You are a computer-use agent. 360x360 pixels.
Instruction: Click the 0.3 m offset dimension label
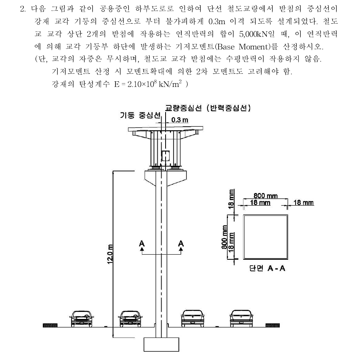coord(179,120)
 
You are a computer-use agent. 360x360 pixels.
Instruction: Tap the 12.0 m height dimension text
coord(110,254)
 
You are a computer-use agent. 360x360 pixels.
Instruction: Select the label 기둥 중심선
coord(140,115)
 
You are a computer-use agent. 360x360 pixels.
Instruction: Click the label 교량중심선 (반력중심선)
coord(208,108)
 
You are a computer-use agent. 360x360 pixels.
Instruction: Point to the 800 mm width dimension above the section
coord(266,196)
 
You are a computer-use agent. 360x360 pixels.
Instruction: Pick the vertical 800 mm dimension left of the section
coord(224,237)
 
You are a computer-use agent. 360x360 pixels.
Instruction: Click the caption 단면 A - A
coord(267,268)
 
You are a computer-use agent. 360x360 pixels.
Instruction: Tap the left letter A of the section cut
coord(142,243)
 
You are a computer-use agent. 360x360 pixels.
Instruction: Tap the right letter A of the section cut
coord(181,243)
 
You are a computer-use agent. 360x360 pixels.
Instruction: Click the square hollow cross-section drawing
coord(266,237)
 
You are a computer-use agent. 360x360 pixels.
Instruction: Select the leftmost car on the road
coord(82,319)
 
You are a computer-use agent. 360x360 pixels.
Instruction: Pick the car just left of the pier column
coord(130,319)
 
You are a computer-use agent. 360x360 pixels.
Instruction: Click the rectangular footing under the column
coord(161,344)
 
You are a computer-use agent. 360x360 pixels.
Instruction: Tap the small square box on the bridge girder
coord(166,156)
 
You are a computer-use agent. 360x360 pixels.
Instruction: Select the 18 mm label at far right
coord(303,202)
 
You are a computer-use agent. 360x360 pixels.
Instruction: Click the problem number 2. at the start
coord(23,9)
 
